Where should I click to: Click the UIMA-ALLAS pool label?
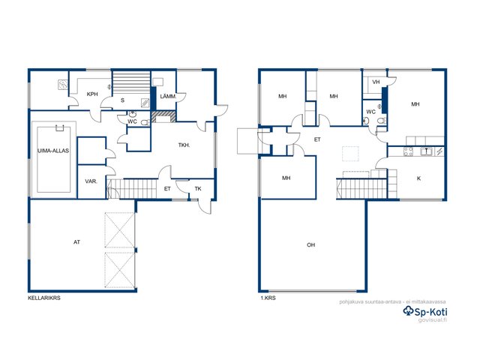[53, 151]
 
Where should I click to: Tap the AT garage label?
[76, 242]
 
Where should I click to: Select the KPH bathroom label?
[92, 94]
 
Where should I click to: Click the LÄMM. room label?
[168, 97]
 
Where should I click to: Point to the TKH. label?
[184, 145]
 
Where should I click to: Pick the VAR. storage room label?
[91, 181]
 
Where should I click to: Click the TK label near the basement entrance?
[198, 189]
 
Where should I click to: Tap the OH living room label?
[310, 245]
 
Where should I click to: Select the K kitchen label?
[418, 178]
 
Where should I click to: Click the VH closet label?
[376, 82]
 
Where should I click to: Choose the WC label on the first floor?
[370, 112]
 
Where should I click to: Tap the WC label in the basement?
[132, 121]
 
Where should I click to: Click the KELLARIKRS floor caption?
[44, 298]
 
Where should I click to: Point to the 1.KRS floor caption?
[268, 298]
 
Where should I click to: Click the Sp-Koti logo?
[425, 312]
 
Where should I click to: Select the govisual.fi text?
[433, 320]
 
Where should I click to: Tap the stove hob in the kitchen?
[408, 151]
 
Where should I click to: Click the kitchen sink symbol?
[426, 151]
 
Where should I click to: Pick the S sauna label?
[122, 100]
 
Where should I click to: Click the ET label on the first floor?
[317, 139]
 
